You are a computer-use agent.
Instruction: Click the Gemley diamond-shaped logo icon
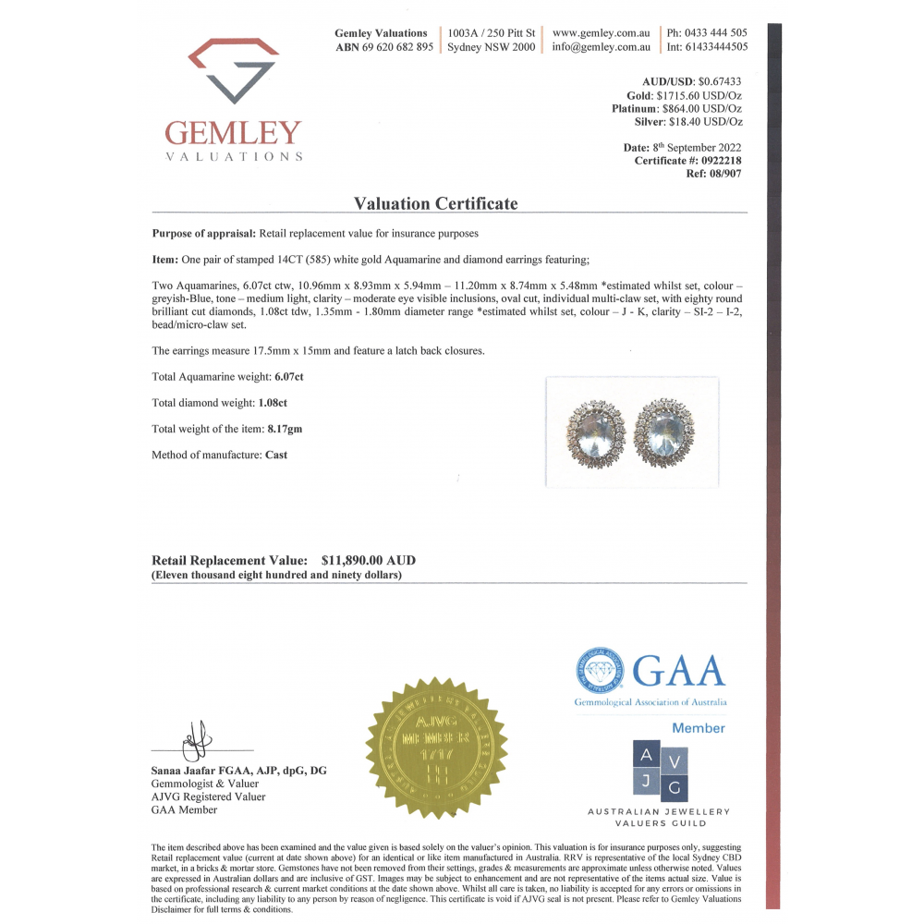tap(233, 70)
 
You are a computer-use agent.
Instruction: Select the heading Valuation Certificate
tap(436, 203)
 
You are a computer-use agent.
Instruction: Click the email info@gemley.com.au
tap(601, 47)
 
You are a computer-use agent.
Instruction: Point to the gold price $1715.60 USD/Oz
tap(698, 95)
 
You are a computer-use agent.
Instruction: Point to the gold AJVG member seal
tap(436, 745)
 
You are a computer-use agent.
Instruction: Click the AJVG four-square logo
tap(660, 770)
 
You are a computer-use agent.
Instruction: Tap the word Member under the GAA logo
tap(698, 728)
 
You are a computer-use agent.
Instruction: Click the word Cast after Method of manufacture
tap(276, 455)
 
